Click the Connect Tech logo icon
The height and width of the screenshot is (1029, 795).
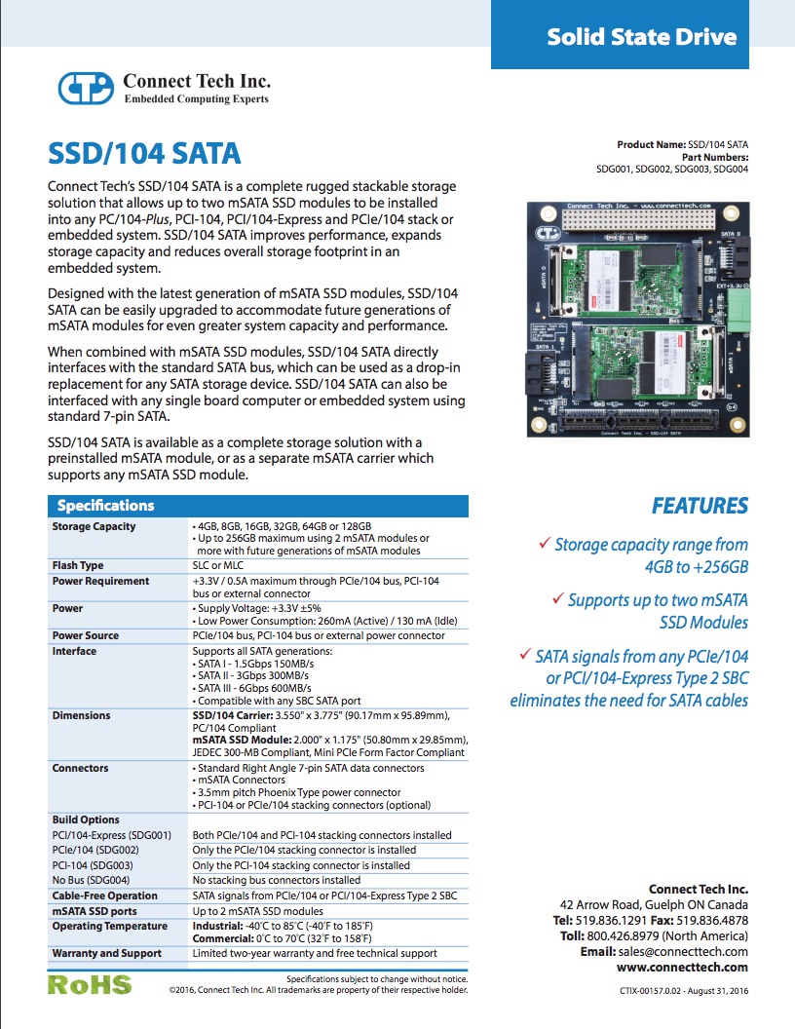click(87, 88)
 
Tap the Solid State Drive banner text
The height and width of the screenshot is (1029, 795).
click(641, 37)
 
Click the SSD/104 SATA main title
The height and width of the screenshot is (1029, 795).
click(144, 154)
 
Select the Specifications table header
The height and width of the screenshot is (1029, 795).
click(105, 506)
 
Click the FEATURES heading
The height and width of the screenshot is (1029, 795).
click(700, 506)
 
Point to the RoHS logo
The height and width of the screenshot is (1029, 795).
click(90, 983)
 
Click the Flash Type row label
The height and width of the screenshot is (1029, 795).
click(79, 565)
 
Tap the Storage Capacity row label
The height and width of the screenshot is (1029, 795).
click(94, 526)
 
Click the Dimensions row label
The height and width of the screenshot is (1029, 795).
click(81, 715)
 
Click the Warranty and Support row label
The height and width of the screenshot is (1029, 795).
click(106, 953)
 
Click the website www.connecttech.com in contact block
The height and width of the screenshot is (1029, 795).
click(682, 967)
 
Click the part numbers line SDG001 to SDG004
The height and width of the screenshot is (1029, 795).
click(672, 169)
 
